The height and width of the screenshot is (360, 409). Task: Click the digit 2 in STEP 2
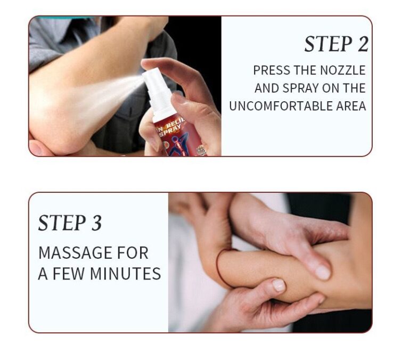pyautogui.click(x=363, y=44)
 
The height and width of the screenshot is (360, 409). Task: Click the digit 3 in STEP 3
pyautogui.click(x=96, y=223)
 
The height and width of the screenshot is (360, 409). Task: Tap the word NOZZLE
pyautogui.click(x=342, y=70)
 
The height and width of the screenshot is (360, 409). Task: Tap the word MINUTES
pyautogui.click(x=125, y=274)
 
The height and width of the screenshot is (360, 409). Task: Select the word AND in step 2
pyautogui.click(x=267, y=88)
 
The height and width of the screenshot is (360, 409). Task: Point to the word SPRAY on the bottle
pyautogui.click(x=170, y=130)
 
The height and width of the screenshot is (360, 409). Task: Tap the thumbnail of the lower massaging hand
pyautogui.click(x=279, y=284)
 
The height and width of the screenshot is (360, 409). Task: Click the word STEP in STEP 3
pyautogui.click(x=62, y=223)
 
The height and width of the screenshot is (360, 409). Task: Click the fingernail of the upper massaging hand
pyautogui.click(x=322, y=272)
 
